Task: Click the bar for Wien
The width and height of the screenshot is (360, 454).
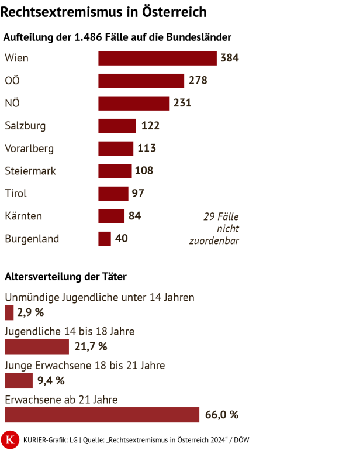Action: (x=157, y=58)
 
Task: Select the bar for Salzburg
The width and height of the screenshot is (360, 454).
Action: (x=117, y=126)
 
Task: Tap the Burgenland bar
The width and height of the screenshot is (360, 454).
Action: (x=105, y=239)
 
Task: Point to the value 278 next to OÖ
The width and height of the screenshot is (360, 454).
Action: (x=198, y=81)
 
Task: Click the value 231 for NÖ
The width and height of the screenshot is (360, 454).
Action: (x=182, y=103)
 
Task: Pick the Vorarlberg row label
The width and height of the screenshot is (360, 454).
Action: (x=29, y=149)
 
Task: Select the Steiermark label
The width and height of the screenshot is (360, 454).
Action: (x=30, y=171)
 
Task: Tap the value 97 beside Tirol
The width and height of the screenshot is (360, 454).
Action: (x=138, y=194)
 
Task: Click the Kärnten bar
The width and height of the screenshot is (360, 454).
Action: (x=111, y=216)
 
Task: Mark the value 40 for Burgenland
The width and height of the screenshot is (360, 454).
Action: (x=122, y=239)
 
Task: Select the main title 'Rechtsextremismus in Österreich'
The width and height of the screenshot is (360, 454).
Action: (x=105, y=12)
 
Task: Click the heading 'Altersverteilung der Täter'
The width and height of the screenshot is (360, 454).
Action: (x=65, y=276)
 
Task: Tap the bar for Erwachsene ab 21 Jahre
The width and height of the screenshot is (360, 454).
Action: (x=102, y=415)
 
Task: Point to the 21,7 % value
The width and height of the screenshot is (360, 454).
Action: (x=91, y=347)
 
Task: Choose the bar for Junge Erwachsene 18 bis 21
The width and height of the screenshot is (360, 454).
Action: (x=19, y=381)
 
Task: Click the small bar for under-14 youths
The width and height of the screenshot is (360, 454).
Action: (x=9, y=313)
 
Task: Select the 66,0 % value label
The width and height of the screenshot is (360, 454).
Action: (x=222, y=415)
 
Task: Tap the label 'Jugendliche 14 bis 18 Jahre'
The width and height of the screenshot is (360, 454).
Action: (x=70, y=331)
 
